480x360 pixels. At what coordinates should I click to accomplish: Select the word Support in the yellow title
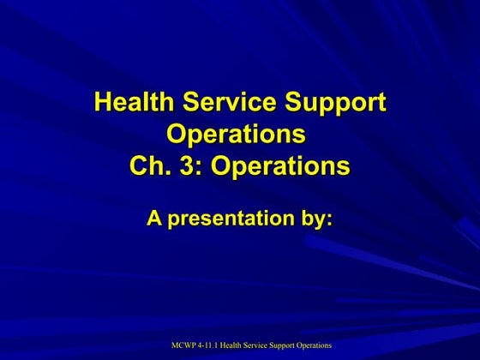coord(336,103)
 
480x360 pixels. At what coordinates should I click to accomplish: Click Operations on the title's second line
coord(236,135)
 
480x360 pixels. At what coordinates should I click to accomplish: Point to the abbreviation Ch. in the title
coord(148,165)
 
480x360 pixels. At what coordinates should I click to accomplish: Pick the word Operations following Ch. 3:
coord(280,165)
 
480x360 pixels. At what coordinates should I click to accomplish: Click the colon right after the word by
coord(329,220)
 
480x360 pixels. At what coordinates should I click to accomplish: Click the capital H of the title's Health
coord(102,103)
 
